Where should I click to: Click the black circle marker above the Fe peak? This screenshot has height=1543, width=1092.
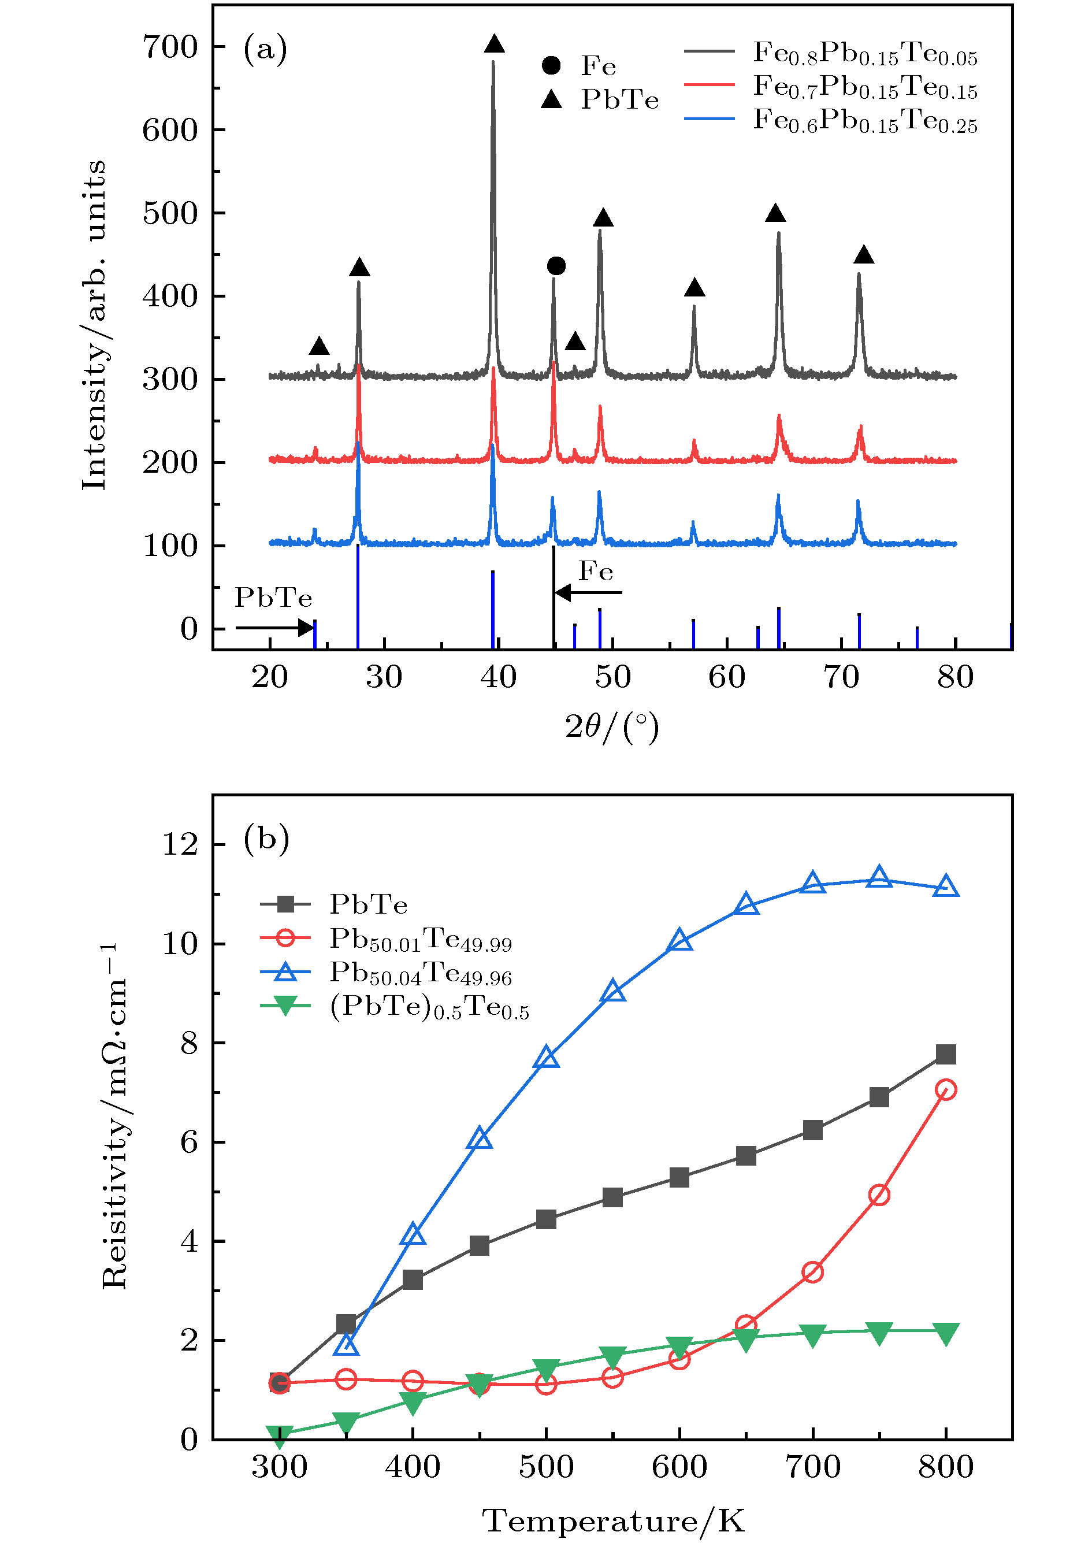[556, 266]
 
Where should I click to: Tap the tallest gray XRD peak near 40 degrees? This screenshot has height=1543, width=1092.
[493, 202]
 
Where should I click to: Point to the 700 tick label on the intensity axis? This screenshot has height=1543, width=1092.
[170, 47]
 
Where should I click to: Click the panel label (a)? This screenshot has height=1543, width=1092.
[265, 49]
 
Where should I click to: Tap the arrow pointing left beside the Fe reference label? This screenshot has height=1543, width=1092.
[588, 592]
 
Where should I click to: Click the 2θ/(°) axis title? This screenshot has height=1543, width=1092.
[612, 727]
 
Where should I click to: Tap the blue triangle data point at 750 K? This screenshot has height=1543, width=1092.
[879, 878]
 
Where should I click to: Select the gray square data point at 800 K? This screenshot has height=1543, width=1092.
[946, 1054]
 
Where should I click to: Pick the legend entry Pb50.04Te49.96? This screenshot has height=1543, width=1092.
[420, 973]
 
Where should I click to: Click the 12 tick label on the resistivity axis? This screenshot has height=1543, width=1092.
[180, 845]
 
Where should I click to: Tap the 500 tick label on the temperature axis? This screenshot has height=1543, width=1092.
[546, 1467]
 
